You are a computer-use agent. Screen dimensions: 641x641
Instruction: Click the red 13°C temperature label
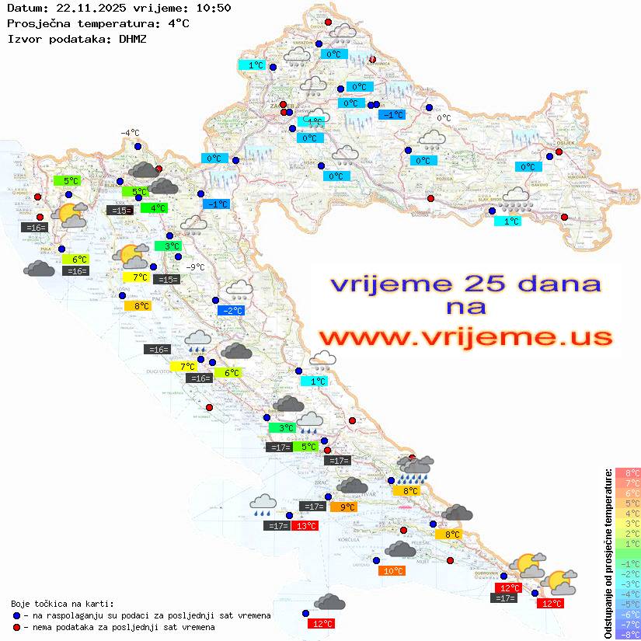(x=305, y=526)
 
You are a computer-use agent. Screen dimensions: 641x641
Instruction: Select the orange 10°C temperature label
(x=393, y=571)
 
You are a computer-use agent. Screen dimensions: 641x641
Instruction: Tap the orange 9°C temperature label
(x=344, y=507)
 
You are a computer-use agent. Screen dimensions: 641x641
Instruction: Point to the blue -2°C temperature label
(x=232, y=311)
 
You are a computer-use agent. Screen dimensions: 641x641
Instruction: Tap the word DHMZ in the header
(x=133, y=37)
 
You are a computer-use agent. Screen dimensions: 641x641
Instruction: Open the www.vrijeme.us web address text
(x=465, y=337)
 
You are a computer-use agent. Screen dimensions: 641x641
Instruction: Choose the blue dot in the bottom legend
(x=16, y=615)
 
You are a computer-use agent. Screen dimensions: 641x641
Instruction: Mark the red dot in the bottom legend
(x=16, y=627)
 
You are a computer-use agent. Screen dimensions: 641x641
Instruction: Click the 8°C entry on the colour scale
(x=627, y=472)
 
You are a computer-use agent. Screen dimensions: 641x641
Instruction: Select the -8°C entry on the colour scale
(x=627, y=634)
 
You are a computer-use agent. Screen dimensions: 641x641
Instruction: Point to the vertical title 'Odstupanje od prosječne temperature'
(x=608, y=553)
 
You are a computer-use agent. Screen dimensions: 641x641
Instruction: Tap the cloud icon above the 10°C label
(x=400, y=549)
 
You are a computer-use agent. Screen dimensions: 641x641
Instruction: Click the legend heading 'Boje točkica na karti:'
(x=62, y=604)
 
